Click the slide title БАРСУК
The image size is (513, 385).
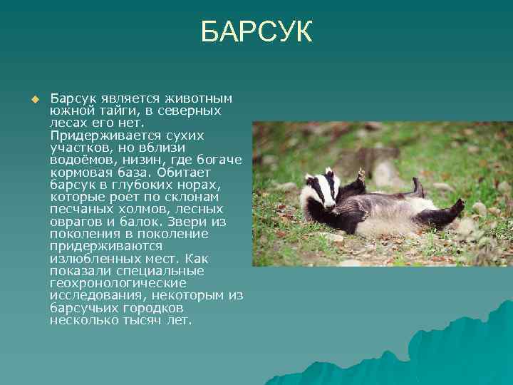click(x=256, y=32)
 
